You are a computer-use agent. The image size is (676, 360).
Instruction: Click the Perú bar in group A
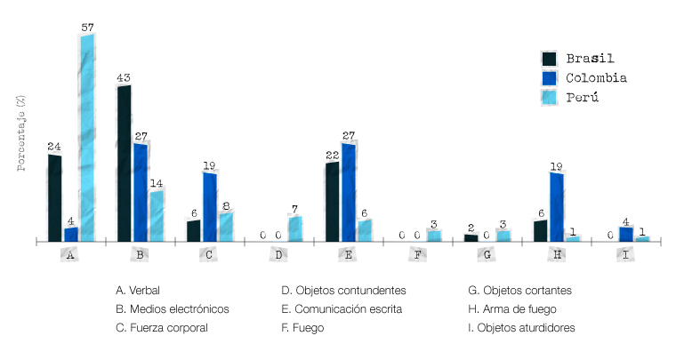pyautogui.click(x=87, y=138)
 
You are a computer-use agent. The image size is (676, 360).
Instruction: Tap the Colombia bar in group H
pyautogui.click(x=556, y=206)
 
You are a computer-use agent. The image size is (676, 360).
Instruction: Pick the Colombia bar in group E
pyautogui.click(x=348, y=191)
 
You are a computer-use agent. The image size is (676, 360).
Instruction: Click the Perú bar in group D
pyautogui.click(x=294, y=228)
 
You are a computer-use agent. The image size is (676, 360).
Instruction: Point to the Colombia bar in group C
pyautogui.click(x=209, y=206)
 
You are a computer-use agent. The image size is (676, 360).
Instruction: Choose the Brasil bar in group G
pyautogui.click(x=471, y=237)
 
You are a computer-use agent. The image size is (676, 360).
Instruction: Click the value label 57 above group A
pyautogui.click(x=87, y=28)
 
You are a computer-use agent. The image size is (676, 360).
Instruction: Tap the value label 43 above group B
pyautogui.click(x=124, y=78)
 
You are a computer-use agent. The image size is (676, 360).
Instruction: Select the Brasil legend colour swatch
pyautogui.click(x=550, y=59)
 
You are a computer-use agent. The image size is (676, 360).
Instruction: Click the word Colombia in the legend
pyautogui.click(x=596, y=78)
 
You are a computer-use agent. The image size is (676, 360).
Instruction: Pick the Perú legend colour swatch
pyautogui.click(x=550, y=97)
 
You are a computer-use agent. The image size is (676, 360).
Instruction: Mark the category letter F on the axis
pyautogui.click(x=417, y=255)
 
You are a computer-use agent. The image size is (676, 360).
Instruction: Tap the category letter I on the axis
pyautogui.click(x=625, y=255)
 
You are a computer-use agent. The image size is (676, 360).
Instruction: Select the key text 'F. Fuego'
pyautogui.click(x=302, y=328)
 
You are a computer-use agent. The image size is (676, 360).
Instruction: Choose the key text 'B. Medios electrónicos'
pyautogui.click(x=173, y=309)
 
